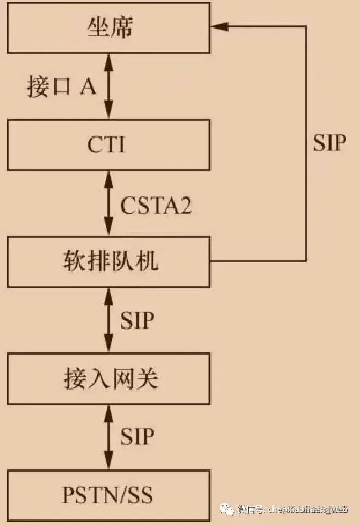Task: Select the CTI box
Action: click(108, 145)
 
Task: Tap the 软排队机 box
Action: click(108, 262)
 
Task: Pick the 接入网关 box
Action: click(108, 379)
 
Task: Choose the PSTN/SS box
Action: click(108, 496)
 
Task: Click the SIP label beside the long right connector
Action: click(330, 143)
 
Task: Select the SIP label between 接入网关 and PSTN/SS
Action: click(137, 437)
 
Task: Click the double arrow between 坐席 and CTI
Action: click(108, 86)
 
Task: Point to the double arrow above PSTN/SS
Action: click(108, 437)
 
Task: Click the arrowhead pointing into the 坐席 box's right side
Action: click(220, 26)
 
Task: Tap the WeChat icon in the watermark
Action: click(227, 509)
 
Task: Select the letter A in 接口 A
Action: click(88, 86)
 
